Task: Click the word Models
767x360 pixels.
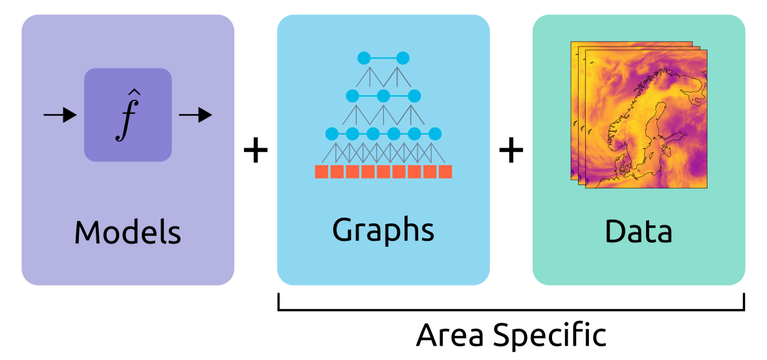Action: click(128, 231)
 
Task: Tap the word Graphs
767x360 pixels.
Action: click(383, 230)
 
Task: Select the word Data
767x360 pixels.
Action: click(638, 231)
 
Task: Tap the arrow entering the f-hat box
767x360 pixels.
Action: click(60, 116)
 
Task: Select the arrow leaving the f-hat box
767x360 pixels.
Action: click(195, 116)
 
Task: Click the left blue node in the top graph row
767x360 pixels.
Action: click(364, 58)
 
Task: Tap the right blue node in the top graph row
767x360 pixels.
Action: click(403, 58)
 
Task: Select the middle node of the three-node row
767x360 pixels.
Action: click(383, 96)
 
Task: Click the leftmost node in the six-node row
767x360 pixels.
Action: click(331, 134)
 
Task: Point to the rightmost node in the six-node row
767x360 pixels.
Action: click(435, 134)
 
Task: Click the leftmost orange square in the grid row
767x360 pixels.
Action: click(321, 172)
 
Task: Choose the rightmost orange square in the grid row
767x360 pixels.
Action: click(445, 172)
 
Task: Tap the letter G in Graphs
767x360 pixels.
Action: click(343, 230)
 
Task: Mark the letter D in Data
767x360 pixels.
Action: click(616, 231)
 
